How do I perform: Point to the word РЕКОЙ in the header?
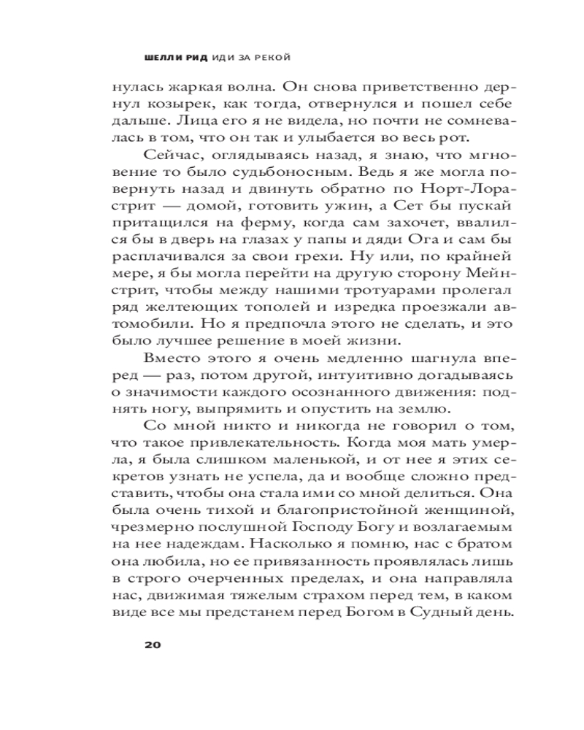(280, 55)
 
